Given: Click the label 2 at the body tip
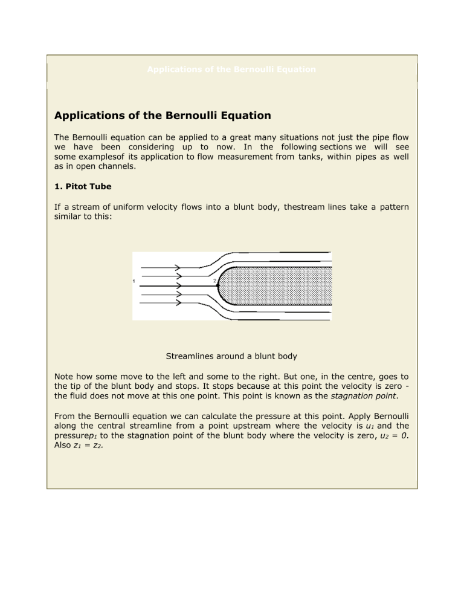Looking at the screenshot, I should tap(213, 281).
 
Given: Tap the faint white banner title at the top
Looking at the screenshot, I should tap(231, 70).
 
